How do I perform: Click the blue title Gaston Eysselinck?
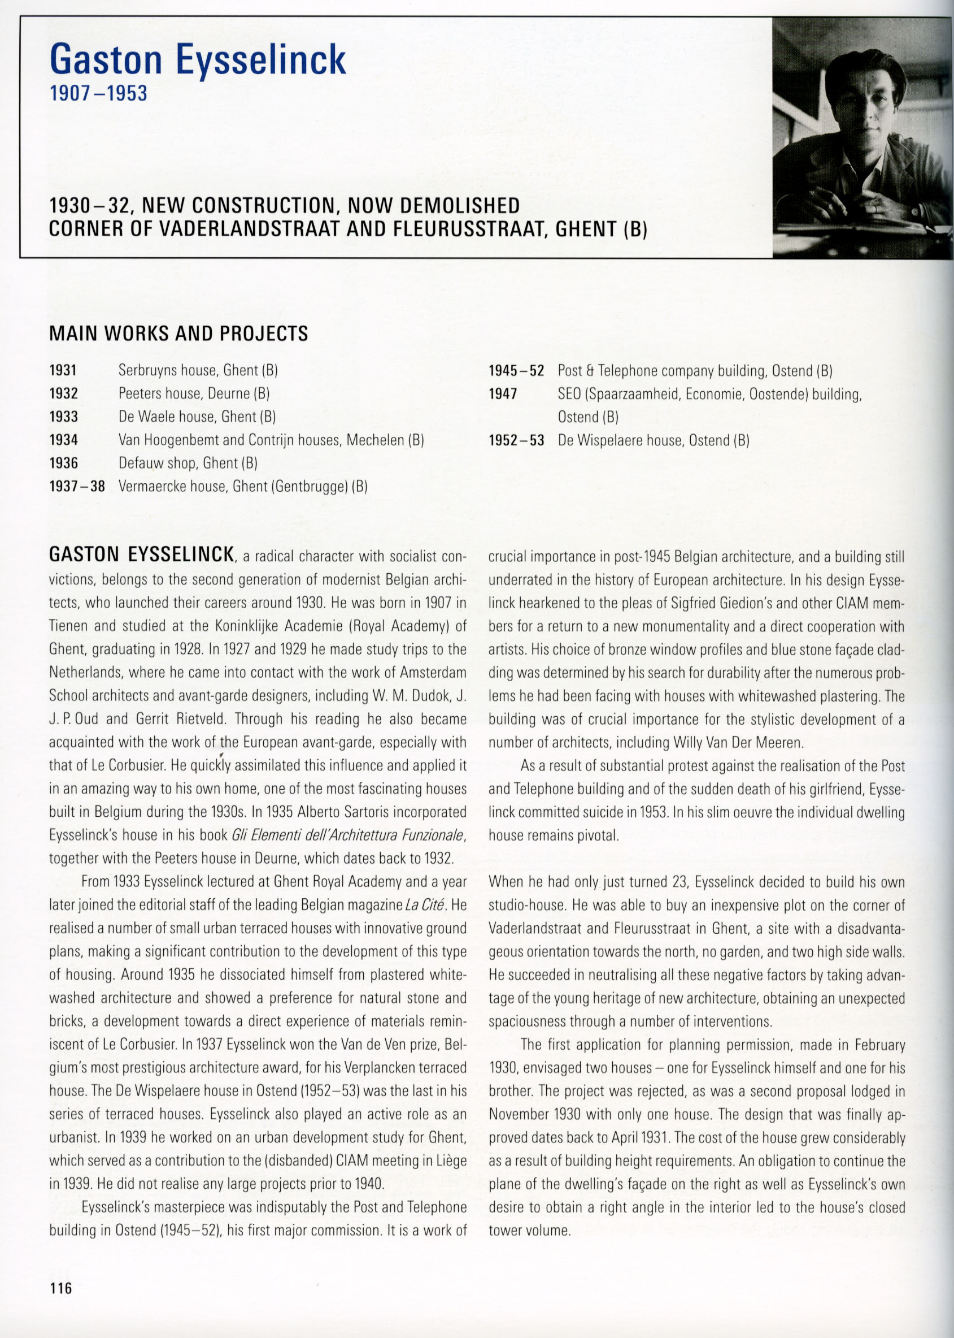click(x=198, y=61)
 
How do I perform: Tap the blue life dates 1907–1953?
click(x=98, y=93)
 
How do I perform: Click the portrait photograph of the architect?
click(x=862, y=138)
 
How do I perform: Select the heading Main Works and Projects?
click(x=178, y=334)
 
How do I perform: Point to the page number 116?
click(x=60, y=1289)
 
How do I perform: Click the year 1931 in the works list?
click(x=63, y=370)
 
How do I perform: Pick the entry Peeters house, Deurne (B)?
click(x=194, y=393)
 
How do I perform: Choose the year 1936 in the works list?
click(x=63, y=464)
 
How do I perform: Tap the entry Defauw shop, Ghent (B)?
click(x=188, y=464)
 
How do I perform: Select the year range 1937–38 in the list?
click(x=77, y=486)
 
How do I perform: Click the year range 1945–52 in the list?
click(x=516, y=371)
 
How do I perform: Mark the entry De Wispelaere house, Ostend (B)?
click(x=654, y=440)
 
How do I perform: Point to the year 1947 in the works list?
click(x=503, y=394)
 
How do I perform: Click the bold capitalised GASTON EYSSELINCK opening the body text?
click(x=142, y=555)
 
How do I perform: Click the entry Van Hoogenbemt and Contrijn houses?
click(x=271, y=440)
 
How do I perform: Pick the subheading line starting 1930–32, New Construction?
click(x=284, y=206)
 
